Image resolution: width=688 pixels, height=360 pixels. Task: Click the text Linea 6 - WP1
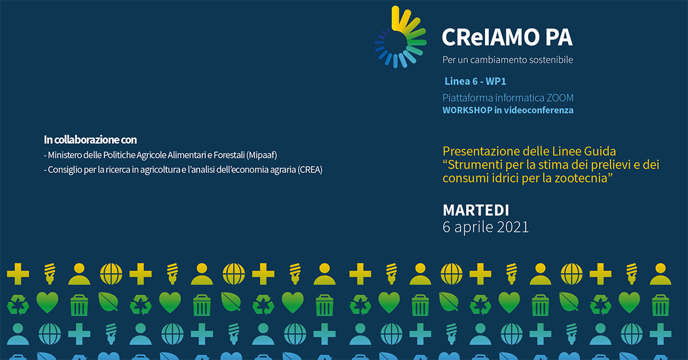[x=475, y=81]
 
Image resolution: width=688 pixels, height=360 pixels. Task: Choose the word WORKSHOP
[x=467, y=110]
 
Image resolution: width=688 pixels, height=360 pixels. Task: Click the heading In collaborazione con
[x=91, y=140]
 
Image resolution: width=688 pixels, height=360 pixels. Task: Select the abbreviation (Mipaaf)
[x=261, y=155]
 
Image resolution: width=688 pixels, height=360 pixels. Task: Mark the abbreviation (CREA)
[x=310, y=170]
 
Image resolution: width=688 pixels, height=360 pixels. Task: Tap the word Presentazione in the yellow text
[x=481, y=151]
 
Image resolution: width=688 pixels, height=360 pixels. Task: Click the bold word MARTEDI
[x=476, y=210]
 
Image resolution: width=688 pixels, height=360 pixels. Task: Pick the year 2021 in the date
[x=513, y=227]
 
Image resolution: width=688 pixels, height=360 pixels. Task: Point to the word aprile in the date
[x=474, y=228]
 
